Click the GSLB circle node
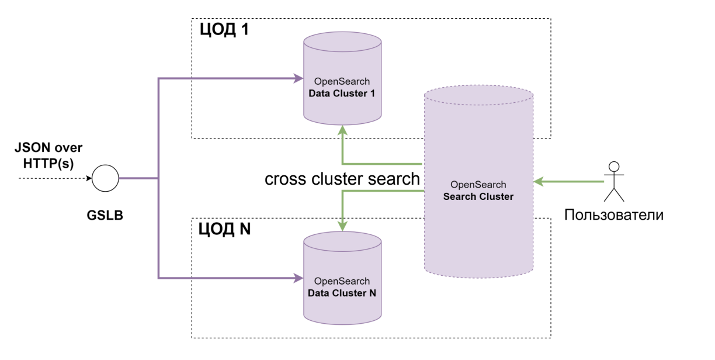click(x=105, y=178)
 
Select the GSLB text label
click(x=105, y=216)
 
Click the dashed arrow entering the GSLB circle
click(x=55, y=178)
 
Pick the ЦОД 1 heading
click(x=224, y=30)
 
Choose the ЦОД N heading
click(x=225, y=229)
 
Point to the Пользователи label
click(x=614, y=214)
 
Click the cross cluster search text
click(x=342, y=179)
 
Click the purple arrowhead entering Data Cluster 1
click(x=298, y=78)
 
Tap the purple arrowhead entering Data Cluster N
click(x=298, y=278)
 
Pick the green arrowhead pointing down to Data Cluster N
click(x=342, y=225)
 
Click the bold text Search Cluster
click(x=478, y=196)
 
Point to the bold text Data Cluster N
click(x=342, y=293)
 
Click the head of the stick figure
click(x=613, y=165)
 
